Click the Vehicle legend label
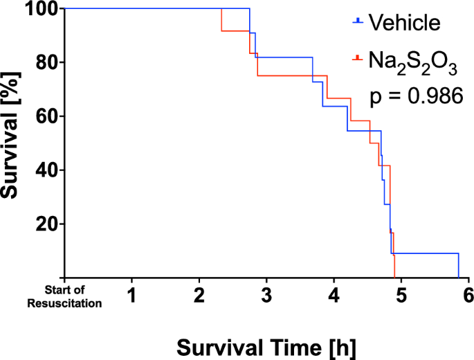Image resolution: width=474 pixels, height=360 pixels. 404,23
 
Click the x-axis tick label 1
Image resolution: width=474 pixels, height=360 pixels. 131,296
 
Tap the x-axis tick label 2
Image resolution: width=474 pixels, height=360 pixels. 199,296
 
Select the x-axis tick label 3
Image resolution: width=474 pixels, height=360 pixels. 266,296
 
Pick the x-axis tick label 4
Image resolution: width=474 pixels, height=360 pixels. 334,296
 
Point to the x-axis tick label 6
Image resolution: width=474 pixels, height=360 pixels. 468,296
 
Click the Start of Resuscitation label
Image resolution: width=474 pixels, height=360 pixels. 74,296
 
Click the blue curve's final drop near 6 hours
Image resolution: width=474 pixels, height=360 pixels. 458,266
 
